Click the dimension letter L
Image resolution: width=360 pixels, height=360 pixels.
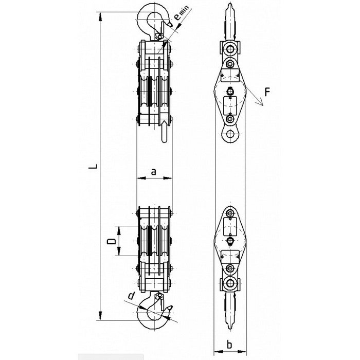(93, 167)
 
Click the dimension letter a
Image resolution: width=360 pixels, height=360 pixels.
(154, 171)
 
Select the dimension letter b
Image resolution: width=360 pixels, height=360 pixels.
(229, 345)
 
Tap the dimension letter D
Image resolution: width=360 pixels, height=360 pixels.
(112, 242)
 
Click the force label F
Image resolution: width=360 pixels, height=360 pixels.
(267, 92)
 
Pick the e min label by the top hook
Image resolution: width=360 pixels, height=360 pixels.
(182, 13)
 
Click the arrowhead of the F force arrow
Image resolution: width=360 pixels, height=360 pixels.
(261, 103)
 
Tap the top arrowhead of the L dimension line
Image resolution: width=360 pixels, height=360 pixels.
(100, 17)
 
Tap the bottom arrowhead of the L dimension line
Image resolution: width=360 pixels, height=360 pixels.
(100, 315)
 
